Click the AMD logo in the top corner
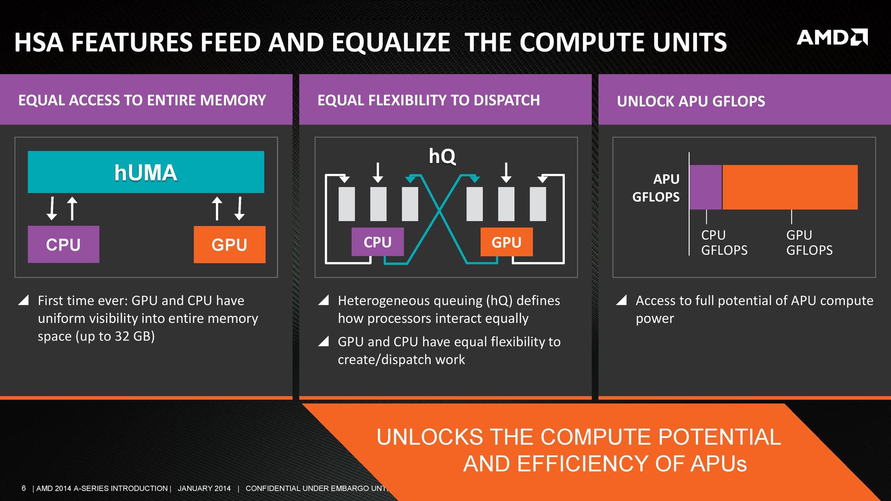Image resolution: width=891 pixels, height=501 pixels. [x=832, y=38]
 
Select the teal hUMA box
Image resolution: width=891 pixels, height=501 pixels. [x=146, y=172]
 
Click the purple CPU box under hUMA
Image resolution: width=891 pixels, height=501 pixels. [x=64, y=244]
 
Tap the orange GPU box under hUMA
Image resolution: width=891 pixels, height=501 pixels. [x=229, y=244]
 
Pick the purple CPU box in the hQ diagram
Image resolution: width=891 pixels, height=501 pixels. [x=377, y=242]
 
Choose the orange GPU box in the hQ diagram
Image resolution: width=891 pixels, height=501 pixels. [x=506, y=242]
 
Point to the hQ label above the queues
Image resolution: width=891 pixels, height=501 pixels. [x=442, y=156]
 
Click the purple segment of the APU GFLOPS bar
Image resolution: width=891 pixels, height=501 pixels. [x=705, y=187]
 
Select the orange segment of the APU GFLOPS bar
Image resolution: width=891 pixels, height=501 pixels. [x=790, y=187]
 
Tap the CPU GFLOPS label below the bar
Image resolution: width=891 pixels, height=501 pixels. [x=724, y=243]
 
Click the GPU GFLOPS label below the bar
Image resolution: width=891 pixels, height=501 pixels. [x=809, y=243]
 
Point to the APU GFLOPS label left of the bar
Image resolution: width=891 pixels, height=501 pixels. [x=656, y=188]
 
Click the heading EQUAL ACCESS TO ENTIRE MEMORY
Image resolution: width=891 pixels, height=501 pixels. [x=142, y=100]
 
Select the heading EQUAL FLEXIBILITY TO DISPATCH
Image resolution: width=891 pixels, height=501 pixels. [x=428, y=100]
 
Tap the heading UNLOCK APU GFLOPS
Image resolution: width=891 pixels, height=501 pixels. [x=691, y=101]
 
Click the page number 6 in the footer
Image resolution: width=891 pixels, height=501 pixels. [x=24, y=488]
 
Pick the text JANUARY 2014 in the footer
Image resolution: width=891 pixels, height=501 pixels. [x=204, y=488]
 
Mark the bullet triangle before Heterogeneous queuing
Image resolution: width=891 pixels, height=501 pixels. [x=323, y=301]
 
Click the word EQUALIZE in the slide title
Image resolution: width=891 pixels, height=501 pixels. [x=391, y=43]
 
